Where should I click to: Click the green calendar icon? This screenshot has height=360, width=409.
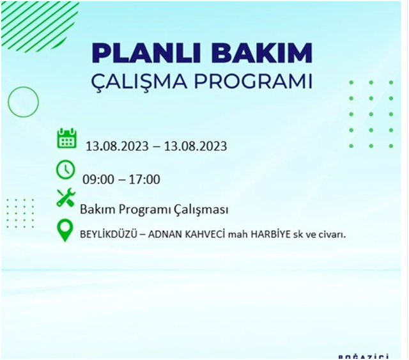(66, 139)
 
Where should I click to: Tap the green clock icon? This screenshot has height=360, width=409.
(66, 170)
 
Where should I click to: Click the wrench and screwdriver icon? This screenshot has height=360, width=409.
(66, 198)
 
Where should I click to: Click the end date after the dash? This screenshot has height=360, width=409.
(195, 146)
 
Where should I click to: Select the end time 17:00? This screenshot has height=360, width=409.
(145, 179)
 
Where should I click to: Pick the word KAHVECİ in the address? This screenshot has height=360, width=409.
(212, 234)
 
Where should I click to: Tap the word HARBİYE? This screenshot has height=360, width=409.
(270, 234)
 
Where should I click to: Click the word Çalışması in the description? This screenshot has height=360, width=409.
(201, 210)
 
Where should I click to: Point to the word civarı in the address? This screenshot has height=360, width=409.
(331, 234)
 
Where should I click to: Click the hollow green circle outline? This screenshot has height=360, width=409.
(24, 101)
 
